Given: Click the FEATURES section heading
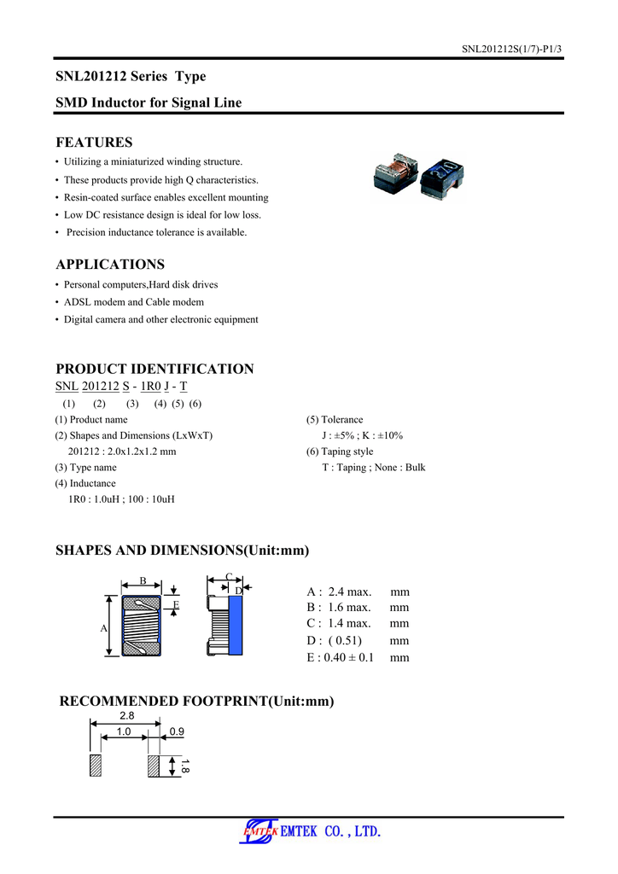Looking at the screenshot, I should point(94,143).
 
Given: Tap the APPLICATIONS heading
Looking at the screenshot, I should point(110,265).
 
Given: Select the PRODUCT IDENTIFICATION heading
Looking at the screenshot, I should point(154,370).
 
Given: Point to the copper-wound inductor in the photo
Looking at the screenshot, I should point(395,173).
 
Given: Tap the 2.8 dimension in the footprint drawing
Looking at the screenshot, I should point(126,715).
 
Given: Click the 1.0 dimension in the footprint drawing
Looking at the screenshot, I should point(124,732).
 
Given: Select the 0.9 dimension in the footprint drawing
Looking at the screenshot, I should point(177,732).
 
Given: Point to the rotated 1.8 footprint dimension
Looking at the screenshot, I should point(184,766).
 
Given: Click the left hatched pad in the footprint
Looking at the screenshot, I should point(96,765).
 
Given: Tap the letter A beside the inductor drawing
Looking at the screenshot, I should point(103,628).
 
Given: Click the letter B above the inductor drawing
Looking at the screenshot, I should point(143,582).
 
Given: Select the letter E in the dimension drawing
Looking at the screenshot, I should point(176,604).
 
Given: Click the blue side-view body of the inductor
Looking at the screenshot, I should point(235,625).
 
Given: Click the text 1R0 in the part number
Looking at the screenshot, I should point(150,387).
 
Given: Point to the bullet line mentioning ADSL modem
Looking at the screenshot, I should point(134,302).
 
